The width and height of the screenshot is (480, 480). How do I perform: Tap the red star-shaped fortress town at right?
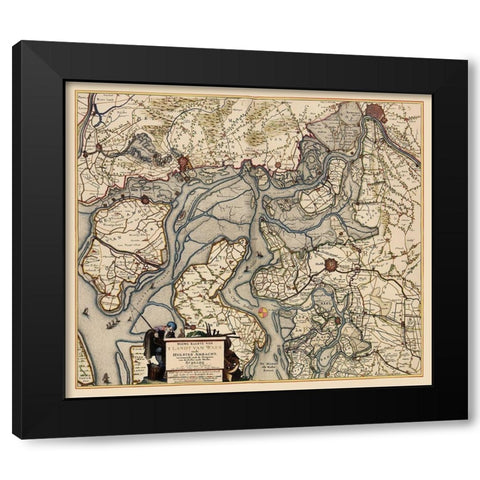click(x=332, y=265)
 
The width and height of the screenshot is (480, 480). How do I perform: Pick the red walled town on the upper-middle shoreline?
click(x=185, y=164)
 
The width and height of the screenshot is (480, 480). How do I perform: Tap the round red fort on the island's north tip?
click(x=143, y=198)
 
